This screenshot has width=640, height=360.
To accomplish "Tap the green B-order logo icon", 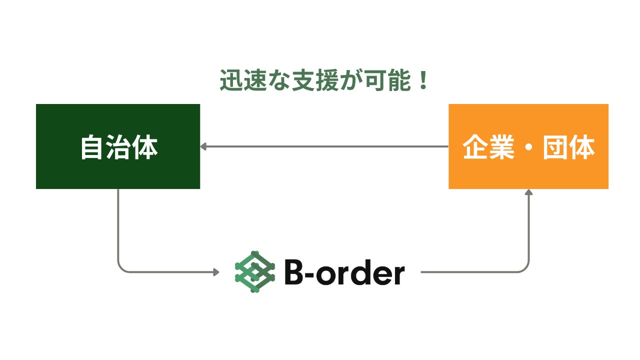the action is coord(255,272).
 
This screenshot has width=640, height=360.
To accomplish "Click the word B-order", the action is coord(344,273).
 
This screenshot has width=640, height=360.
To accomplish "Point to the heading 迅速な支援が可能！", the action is coord(324,81).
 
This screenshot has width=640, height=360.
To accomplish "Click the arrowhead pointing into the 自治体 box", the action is coord(203,146).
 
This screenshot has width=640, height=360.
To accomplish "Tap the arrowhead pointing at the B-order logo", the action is coord(216,272).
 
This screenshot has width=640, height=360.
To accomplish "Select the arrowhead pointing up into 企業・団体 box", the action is coord(529,192).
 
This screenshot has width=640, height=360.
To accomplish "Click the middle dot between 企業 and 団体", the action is coord(528,148).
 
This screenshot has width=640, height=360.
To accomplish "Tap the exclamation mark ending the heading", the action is coord(423,81).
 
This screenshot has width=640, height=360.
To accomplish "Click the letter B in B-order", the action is coord(294,273).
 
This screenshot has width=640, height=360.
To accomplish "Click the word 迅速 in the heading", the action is coord(245,81).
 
